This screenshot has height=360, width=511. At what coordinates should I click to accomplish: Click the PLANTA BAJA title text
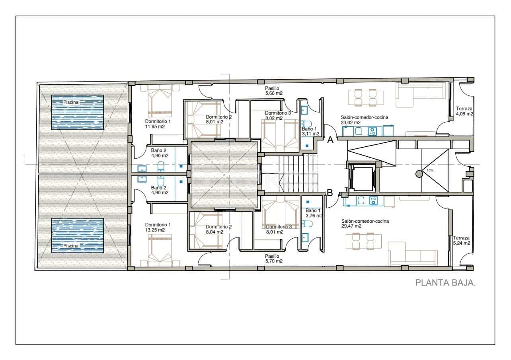[446, 283]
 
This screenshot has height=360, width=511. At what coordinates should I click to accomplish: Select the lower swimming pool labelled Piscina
[78, 235]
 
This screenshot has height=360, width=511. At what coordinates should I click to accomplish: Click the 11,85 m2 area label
[155, 126]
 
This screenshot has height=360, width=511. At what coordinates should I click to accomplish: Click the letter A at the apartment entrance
[330, 140]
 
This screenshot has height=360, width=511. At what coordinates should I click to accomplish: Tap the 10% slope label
[430, 170]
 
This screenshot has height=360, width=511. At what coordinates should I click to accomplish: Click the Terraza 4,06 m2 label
[464, 111]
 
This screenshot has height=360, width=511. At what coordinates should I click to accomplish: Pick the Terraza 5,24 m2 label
[461, 241]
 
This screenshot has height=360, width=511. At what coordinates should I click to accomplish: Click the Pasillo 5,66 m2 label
[274, 91]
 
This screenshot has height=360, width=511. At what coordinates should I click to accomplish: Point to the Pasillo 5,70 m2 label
[274, 259]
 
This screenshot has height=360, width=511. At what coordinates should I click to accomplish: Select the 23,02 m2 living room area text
[351, 123]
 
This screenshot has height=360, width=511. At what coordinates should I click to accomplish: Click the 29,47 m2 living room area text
[351, 226]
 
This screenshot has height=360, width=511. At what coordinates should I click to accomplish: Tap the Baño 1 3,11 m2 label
[310, 131]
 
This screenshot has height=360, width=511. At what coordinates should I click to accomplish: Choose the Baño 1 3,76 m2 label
[314, 213]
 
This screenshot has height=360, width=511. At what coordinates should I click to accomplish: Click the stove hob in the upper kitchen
[373, 131]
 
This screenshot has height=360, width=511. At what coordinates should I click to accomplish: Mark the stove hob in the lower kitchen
[373, 201]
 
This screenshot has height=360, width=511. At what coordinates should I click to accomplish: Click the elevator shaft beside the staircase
[361, 178]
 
